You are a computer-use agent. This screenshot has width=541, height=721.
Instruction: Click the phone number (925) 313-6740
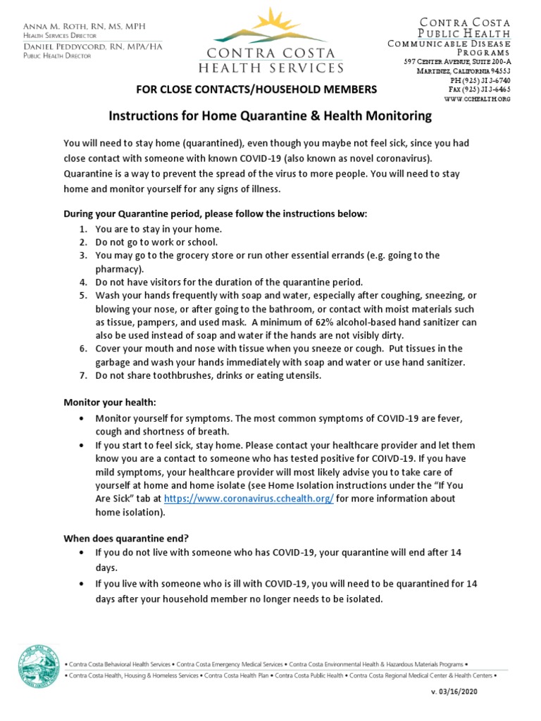[486, 80]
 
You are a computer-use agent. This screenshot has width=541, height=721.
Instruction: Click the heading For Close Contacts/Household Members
[247, 89]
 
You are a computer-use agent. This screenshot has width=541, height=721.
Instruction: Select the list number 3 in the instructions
[82, 255]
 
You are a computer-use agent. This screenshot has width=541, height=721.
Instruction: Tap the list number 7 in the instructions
[82, 375]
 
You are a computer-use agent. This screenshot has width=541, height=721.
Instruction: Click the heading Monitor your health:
[110, 402]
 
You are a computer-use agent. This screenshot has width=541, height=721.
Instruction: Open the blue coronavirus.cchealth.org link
[249, 498]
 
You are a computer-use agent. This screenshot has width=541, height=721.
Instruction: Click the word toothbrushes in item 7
[166, 375]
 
